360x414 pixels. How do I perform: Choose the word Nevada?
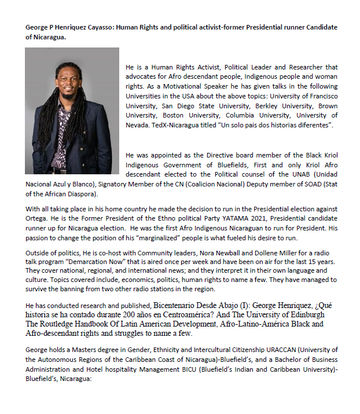pos(138,125)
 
